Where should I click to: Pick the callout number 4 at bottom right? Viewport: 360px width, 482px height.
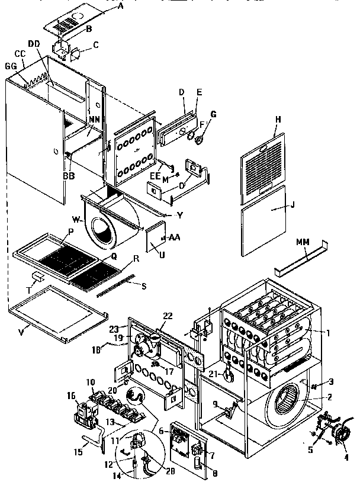[x=346, y=457]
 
